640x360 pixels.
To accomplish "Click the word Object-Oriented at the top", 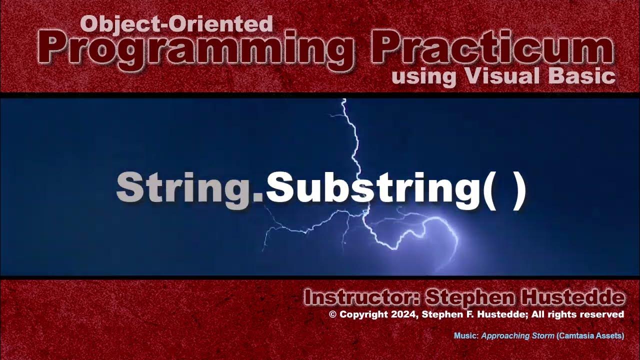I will pos(176,23).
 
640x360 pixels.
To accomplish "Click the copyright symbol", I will pos(332,314).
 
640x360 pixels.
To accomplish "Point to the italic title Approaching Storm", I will pos(517,336).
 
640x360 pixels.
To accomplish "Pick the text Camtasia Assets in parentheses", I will pos(590,336).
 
